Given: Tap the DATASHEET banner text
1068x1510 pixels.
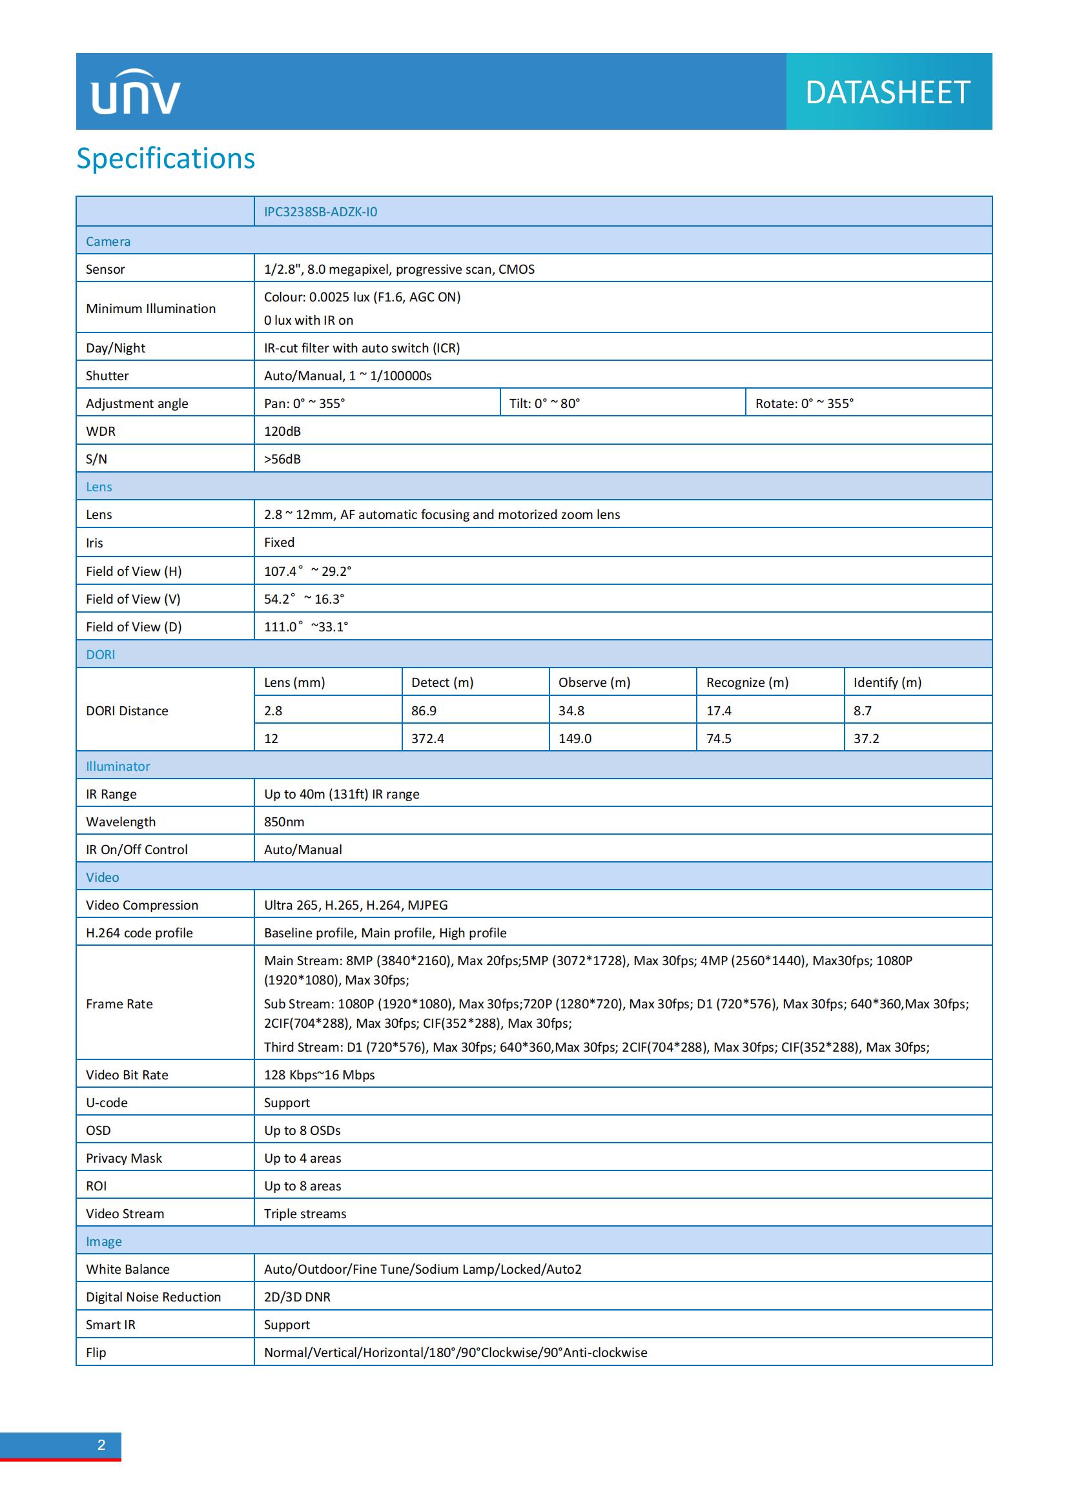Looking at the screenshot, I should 887,92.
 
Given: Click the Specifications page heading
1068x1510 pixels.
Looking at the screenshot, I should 166,159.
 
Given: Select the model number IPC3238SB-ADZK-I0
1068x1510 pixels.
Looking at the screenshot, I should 320,212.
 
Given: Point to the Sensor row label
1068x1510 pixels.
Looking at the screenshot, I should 105,269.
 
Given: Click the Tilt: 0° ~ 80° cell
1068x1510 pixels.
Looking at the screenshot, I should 544,403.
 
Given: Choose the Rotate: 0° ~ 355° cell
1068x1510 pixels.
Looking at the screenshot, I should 804,403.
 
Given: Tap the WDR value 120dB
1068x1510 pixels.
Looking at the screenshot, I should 282,431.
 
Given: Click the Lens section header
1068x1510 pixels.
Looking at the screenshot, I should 99,487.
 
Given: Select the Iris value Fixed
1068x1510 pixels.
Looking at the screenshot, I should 279,542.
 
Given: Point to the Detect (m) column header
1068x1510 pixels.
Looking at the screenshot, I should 442,682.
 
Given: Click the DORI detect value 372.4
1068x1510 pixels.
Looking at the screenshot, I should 427,739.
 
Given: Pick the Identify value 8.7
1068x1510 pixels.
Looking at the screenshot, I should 862,711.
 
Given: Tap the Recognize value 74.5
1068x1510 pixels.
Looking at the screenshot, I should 719,739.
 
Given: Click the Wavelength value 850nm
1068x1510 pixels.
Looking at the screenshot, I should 284,822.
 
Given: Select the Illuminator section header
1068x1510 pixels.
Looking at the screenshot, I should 118,766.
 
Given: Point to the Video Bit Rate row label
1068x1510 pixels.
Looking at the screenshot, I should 127,1075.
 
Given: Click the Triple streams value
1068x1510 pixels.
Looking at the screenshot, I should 305,1214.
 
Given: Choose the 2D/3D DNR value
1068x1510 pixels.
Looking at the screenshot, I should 297,1297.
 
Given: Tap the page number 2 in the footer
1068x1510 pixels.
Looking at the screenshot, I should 101,1445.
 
